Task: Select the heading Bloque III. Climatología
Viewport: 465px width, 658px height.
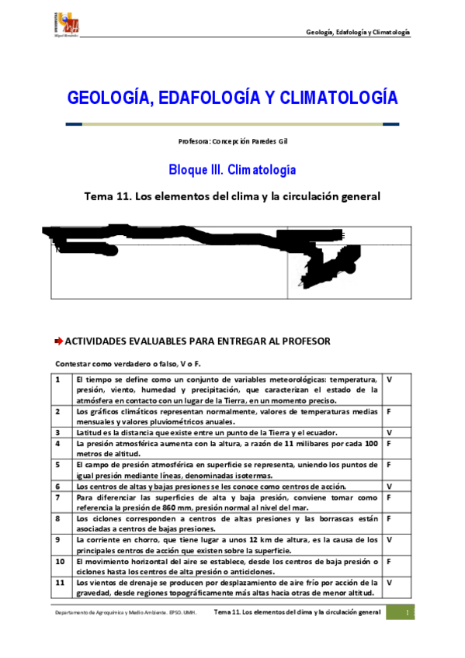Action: tap(232, 169)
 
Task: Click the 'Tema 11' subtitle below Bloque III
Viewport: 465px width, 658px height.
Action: tap(232, 196)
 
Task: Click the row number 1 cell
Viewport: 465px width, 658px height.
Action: tap(59, 379)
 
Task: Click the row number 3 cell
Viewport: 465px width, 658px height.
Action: tap(59, 431)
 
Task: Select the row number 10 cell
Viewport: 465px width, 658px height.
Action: tap(59, 560)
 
